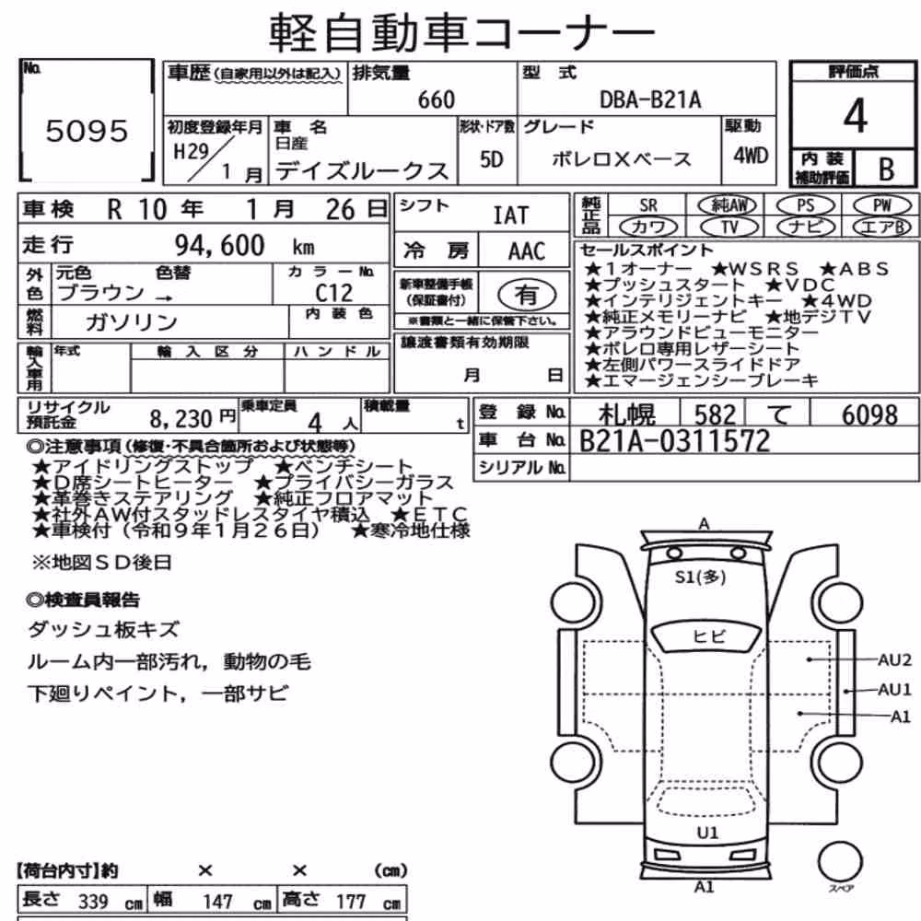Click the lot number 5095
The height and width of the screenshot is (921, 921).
(x=87, y=131)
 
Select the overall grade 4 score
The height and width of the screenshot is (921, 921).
(x=855, y=116)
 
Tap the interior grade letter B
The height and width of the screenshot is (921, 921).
(x=886, y=169)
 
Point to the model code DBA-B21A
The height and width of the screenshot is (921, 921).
(x=650, y=99)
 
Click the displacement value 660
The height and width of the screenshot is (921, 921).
(x=437, y=99)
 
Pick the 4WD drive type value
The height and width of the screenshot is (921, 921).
(x=751, y=156)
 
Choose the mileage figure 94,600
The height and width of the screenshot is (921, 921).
(x=220, y=245)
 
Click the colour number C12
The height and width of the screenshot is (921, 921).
(x=333, y=293)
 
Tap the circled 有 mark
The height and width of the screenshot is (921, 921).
(x=527, y=295)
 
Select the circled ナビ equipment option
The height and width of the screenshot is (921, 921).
(x=806, y=227)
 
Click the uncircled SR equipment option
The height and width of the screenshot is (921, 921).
(x=648, y=205)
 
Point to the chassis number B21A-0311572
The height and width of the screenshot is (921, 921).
(x=674, y=441)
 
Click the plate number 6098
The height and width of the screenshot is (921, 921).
(x=869, y=414)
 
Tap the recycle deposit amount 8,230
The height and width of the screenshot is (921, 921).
(x=181, y=419)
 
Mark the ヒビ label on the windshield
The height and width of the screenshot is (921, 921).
(x=709, y=636)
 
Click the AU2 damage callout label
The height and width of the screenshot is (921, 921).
(x=894, y=660)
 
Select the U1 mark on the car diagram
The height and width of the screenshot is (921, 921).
(x=707, y=833)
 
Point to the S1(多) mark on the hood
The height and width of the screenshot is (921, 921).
(x=700, y=577)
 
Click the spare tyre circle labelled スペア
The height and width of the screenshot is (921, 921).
(x=841, y=862)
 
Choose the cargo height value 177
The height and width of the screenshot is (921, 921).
(x=351, y=901)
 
